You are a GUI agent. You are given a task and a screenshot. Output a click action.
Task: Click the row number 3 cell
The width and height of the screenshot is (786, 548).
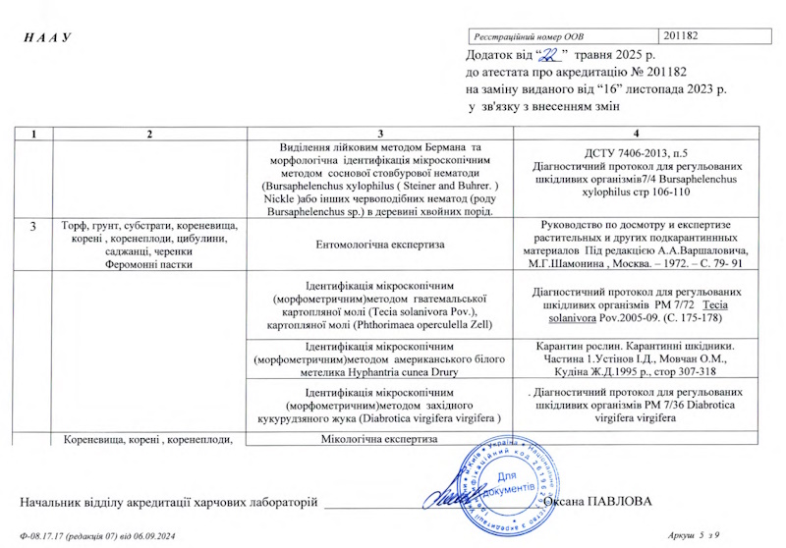pyautogui.click(x=32, y=227)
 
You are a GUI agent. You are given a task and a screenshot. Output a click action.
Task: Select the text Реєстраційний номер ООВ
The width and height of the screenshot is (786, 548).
pyautogui.click(x=530, y=35)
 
